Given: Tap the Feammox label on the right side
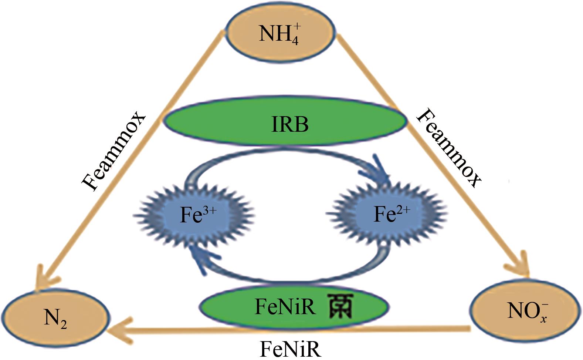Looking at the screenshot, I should [449, 148].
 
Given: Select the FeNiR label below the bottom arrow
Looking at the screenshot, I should [290, 349].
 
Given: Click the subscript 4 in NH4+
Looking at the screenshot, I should [294, 40].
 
